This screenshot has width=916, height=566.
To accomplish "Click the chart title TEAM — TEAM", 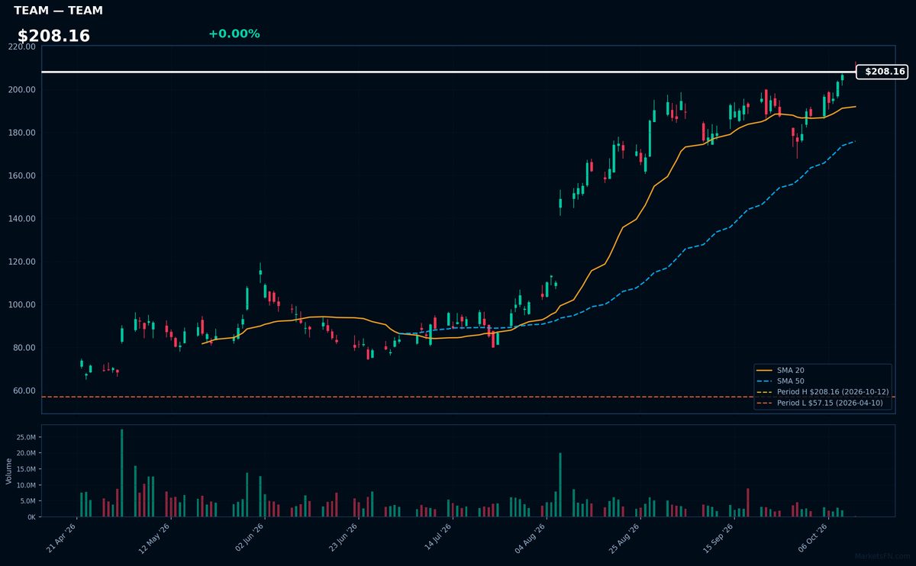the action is coord(58,10).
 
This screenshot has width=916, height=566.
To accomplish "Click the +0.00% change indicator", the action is coord(234,34).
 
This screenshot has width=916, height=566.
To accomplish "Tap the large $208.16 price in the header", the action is coord(53,36).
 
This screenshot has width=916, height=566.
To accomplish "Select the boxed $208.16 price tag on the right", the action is coord(882,72).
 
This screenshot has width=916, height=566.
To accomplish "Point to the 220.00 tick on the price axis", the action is coord(21,47).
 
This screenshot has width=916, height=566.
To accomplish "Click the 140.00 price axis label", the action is coord(21,219).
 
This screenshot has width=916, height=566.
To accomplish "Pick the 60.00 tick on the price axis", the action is coord(24,391).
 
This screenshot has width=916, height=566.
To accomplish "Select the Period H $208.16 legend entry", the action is coord(822,392).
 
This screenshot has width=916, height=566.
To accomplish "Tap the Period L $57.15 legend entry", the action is coord(820,403).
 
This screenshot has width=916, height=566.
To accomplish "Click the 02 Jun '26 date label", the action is coord(250,538).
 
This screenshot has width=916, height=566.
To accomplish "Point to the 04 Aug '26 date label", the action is coord(530,539).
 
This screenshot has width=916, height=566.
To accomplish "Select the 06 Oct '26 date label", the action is coord(813,538).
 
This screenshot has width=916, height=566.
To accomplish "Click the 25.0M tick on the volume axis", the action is coord(26,437).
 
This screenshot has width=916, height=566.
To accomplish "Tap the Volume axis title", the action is coord(8,471).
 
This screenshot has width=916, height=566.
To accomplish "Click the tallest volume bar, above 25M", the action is coord(122,473).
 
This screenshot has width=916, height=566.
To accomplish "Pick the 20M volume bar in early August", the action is coord(560,484).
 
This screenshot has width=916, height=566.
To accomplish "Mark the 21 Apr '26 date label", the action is coord(61,539).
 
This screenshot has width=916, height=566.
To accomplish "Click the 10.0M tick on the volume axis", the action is coord(26,485).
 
